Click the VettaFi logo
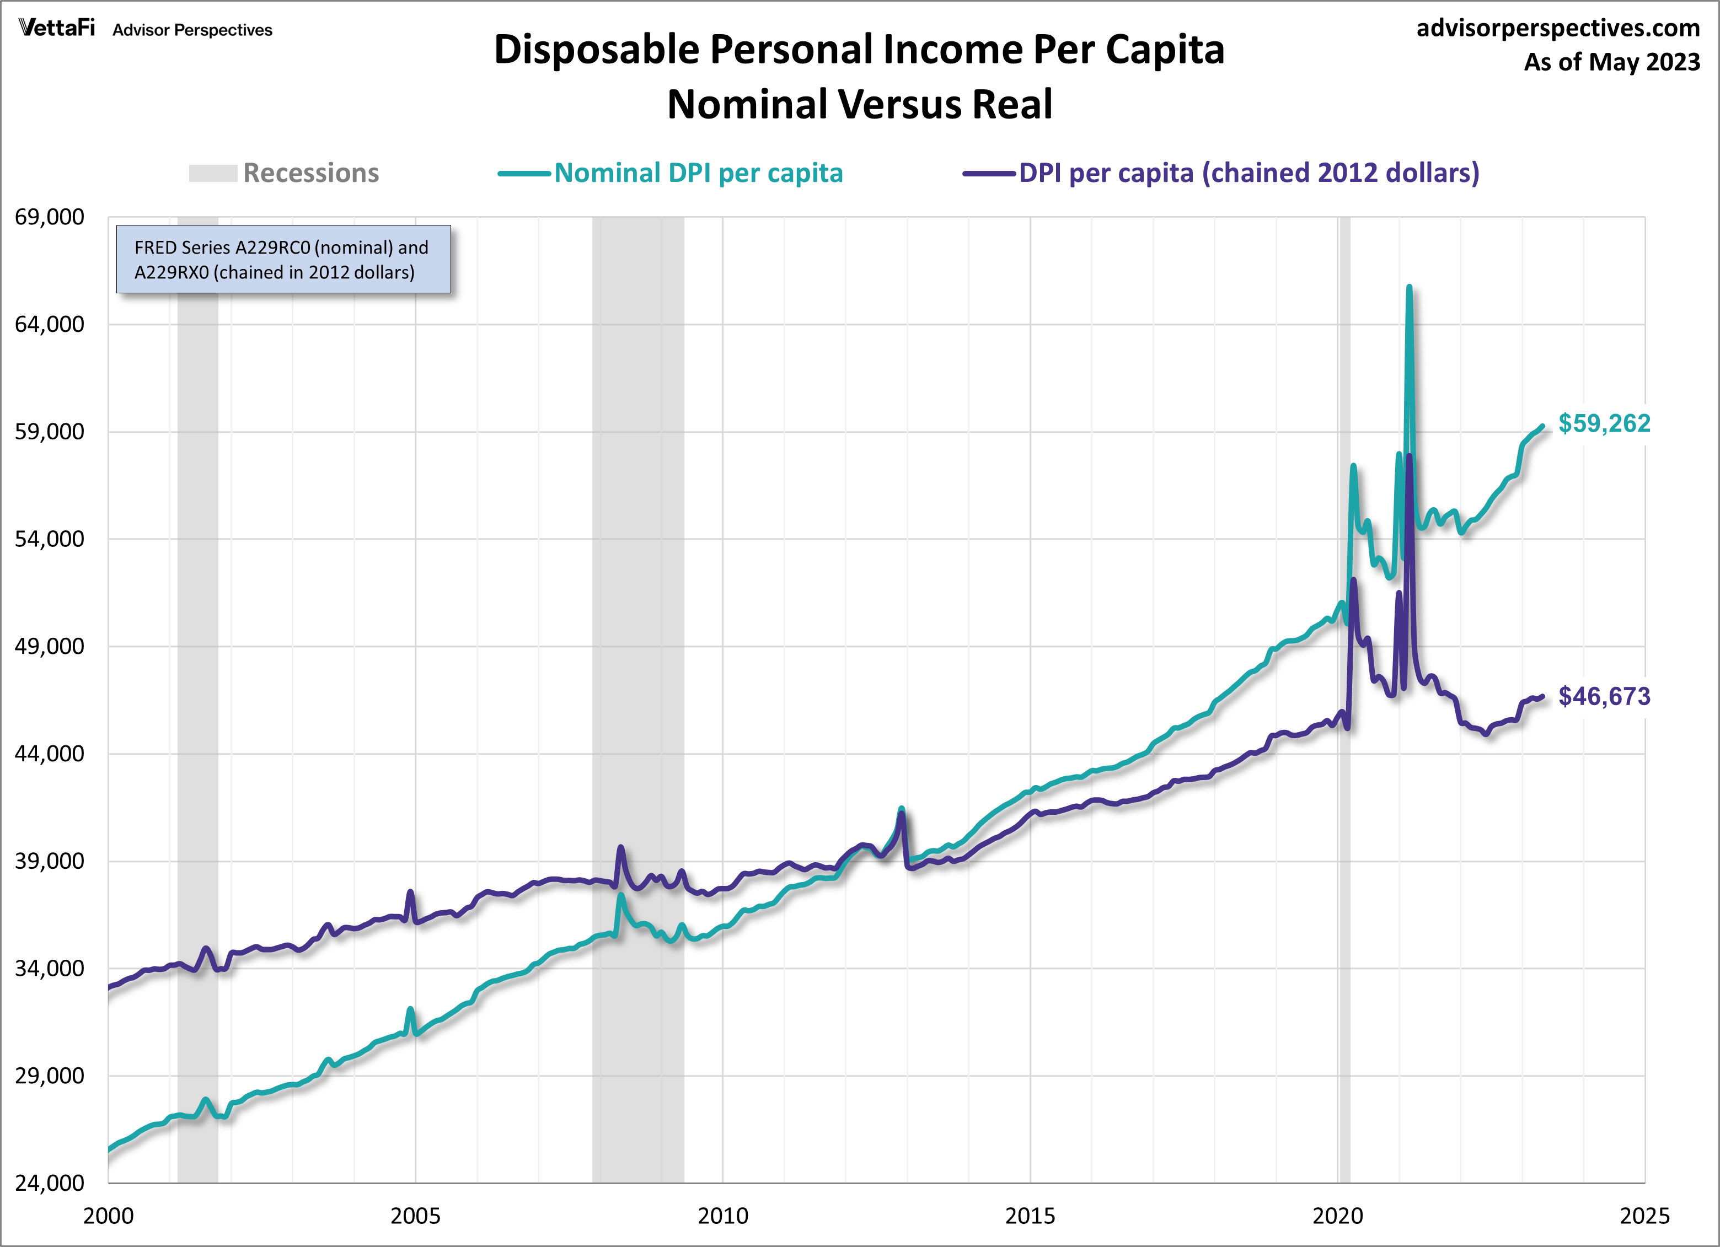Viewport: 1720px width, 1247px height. point(57,28)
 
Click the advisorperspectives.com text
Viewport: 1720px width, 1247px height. point(1558,28)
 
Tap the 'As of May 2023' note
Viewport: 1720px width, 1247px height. point(1611,61)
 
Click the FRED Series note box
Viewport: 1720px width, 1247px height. point(283,259)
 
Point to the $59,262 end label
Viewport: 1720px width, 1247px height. point(1604,423)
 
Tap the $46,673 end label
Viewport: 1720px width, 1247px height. point(1604,696)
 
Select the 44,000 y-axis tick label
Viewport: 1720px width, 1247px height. point(49,754)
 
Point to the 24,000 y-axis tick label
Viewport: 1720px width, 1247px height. point(49,1182)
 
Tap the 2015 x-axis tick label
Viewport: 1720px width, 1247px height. point(1030,1216)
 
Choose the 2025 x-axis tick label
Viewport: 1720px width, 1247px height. point(1644,1216)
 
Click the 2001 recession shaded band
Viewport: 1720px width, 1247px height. point(198,682)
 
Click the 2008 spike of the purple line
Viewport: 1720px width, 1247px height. point(621,847)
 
